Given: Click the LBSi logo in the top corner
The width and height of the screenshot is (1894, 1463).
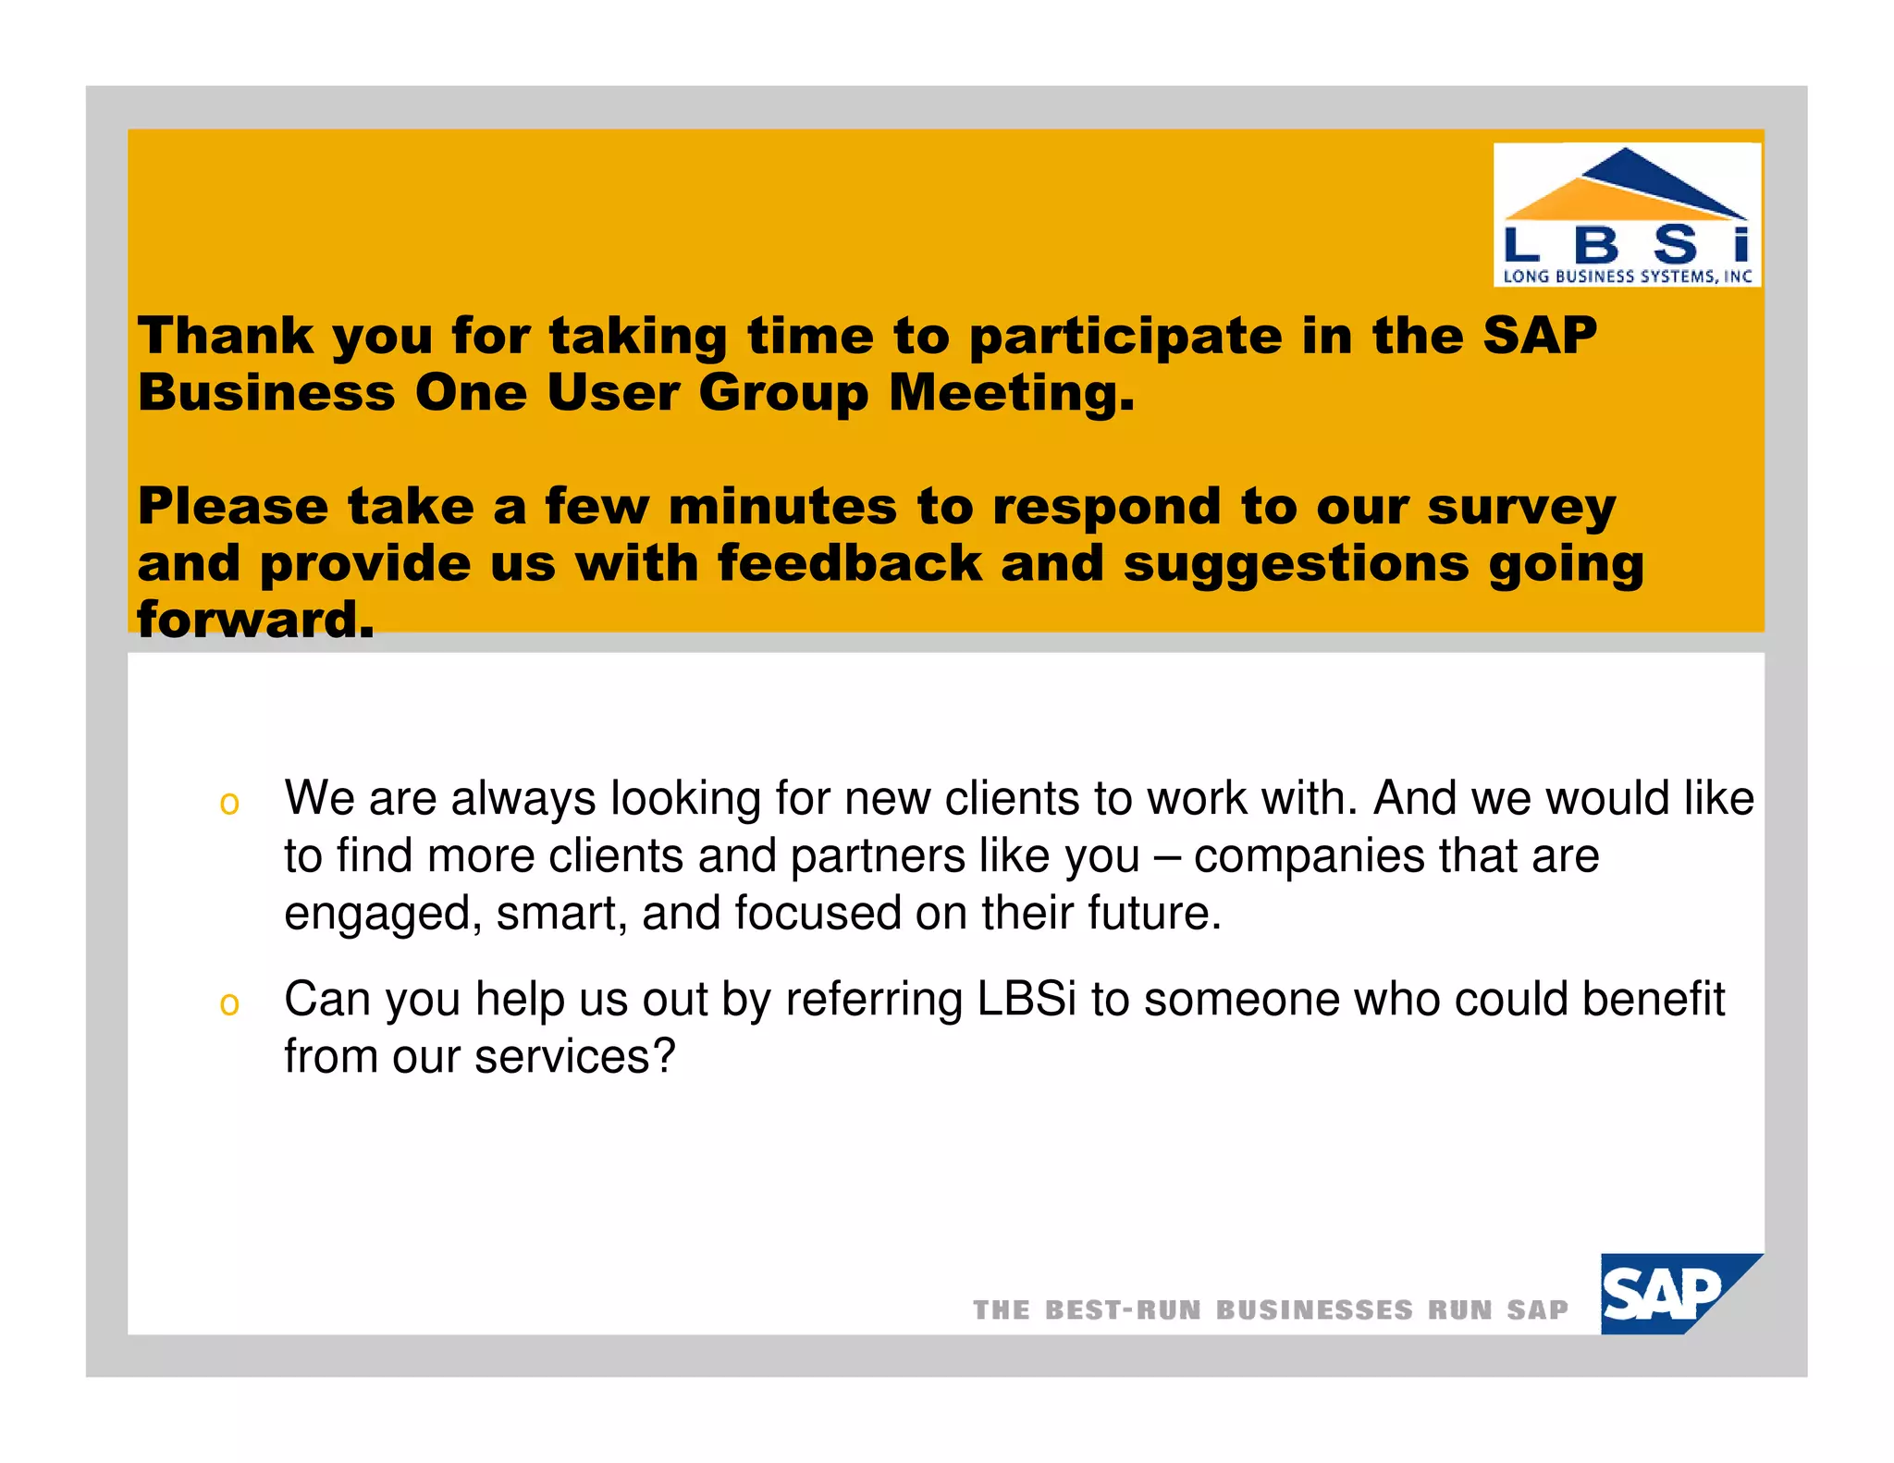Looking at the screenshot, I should [1627, 215].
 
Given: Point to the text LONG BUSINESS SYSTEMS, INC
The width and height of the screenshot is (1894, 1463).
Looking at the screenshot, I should [1627, 276].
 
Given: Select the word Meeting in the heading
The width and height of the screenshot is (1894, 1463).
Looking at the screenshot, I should [1011, 392].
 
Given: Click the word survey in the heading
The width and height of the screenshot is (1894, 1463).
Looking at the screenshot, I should [1520, 507].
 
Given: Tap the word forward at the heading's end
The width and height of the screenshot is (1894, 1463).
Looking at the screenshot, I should [255, 619].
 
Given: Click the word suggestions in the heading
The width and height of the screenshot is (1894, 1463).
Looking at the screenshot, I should [1295, 564].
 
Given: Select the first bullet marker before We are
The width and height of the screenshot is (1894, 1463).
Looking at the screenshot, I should [229, 803].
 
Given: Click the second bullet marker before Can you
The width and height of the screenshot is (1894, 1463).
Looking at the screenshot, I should [229, 1003].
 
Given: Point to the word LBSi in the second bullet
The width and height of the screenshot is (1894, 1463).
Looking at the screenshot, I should [1027, 999].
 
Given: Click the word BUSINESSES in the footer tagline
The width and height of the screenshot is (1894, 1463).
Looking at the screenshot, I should [1314, 1309].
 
